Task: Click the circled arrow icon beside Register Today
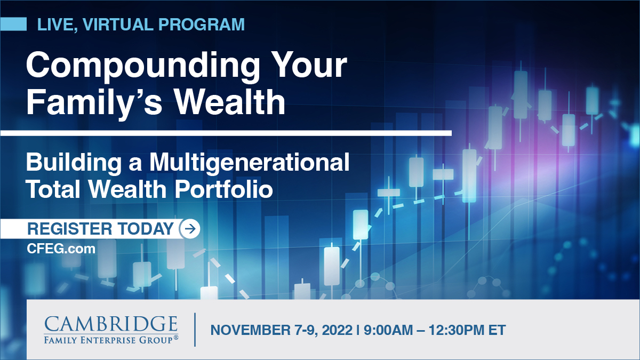tap(190, 229)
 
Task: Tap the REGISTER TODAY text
tap(100, 229)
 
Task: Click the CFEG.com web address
tap(61, 249)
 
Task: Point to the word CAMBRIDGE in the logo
tap(111, 324)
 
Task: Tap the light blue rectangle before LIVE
tap(13, 24)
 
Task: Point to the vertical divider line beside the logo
tap(195, 330)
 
